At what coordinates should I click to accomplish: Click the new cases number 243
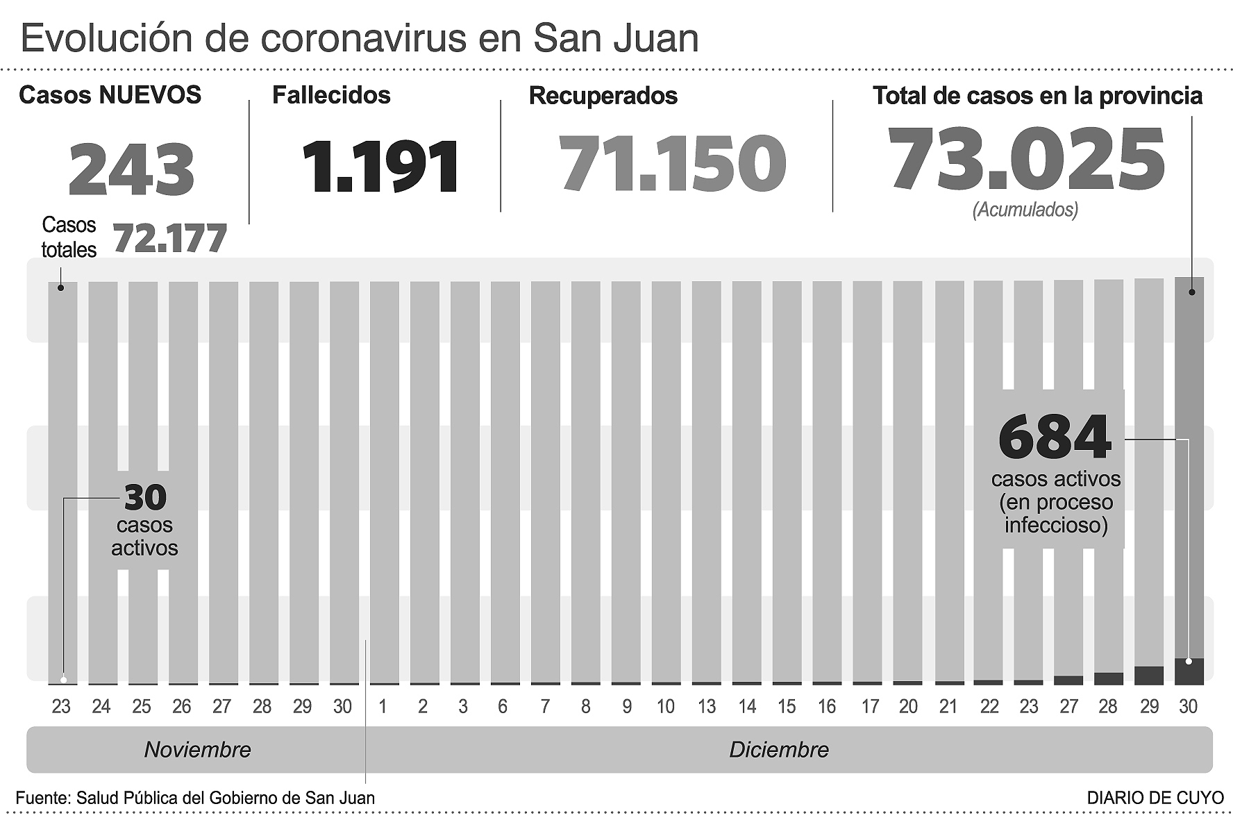[x=131, y=169]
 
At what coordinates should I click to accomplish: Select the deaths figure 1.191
[x=380, y=167]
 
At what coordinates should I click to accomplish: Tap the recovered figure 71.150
[x=672, y=164]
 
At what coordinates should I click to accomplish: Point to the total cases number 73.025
[x=1025, y=160]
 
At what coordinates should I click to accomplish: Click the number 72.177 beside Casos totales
[x=170, y=238]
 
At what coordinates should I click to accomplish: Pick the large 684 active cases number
[x=1055, y=437]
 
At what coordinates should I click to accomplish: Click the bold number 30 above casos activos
[x=145, y=497]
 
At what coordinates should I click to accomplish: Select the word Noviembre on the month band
[x=197, y=750]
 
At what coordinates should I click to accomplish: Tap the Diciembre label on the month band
[x=778, y=750]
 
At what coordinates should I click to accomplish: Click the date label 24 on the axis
[x=101, y=707]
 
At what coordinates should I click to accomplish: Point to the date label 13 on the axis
[x=706, y=707]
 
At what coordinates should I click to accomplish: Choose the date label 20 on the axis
[x=908, y=707]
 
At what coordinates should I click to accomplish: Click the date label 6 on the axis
[x=503, y=707]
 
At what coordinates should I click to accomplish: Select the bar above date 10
[x=666, y=479]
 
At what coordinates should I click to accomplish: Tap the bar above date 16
[x=827, y=479]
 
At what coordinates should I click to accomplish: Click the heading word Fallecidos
[x=331, y=95]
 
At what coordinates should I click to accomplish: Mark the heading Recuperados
[x=603, y=96]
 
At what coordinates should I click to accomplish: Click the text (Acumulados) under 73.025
[x=1025, y=210]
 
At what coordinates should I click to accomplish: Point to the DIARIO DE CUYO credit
[x=1155, y=798]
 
